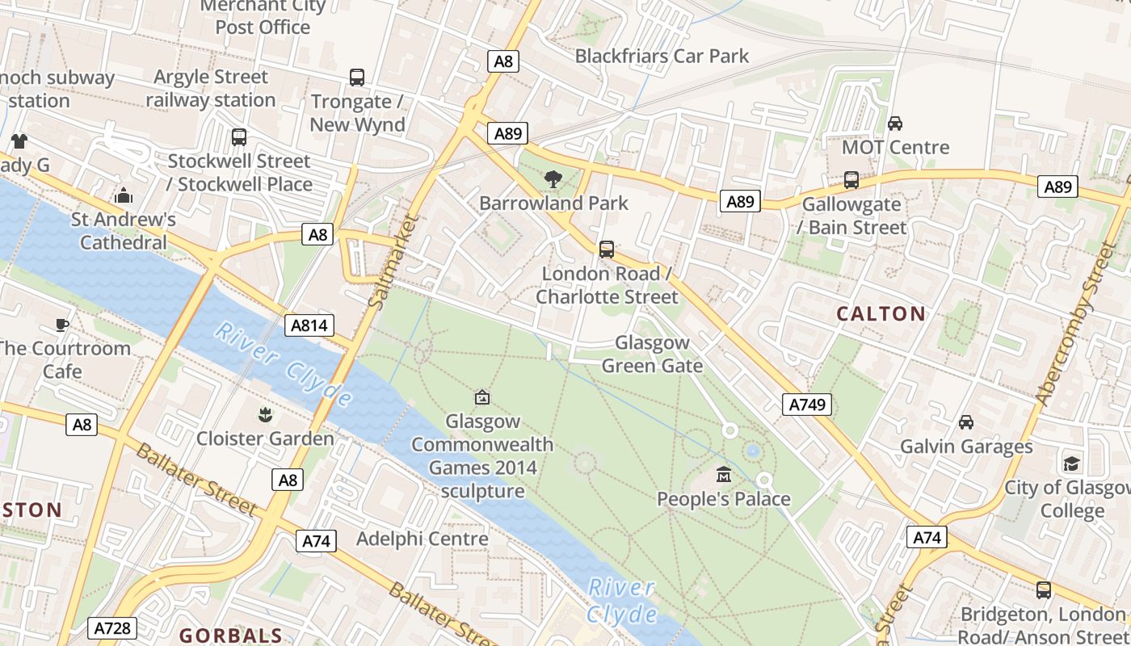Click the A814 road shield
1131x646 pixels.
point(309,325)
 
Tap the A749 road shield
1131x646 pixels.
point(807,405)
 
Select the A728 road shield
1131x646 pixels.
point(112,628)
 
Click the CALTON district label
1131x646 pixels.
point(881,314)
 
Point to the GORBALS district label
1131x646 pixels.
point(231,636)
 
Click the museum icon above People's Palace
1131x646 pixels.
point(724,475)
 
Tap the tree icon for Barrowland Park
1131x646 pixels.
point(553,178)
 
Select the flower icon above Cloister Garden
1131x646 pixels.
point(264,416)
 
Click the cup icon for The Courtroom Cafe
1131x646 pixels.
point(61,325)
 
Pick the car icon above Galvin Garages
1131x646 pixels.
point(965,422)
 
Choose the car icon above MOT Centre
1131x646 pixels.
point(895,124)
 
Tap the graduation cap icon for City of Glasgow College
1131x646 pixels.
point(1071,464)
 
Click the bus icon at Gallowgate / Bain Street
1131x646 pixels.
point(851,180)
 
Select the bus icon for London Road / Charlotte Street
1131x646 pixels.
point(607,250)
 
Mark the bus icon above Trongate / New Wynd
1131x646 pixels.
point(357,78)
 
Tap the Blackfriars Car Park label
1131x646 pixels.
point(662,57)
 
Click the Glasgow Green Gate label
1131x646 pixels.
point(652,354)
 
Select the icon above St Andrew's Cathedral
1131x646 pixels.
point(124,195)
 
